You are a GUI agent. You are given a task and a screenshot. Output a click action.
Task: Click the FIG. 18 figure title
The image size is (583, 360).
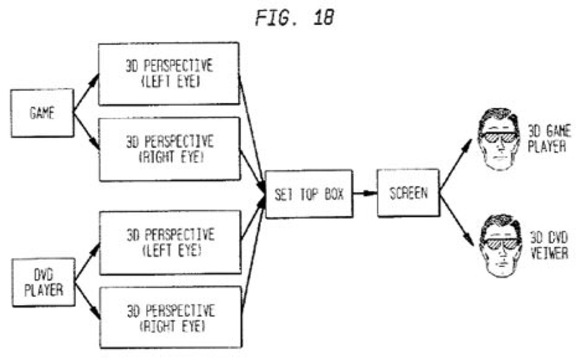click(x=295, y=18)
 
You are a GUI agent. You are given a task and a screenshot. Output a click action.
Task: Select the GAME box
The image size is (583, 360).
click(x=42, y=113)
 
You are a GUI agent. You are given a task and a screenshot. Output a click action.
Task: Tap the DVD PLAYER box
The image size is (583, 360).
click(x=43, y=283)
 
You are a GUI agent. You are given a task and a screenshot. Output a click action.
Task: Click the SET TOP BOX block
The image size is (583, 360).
click(x=309, y=194)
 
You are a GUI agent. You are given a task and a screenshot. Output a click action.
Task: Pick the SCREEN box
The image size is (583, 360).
click(x=408, y=193)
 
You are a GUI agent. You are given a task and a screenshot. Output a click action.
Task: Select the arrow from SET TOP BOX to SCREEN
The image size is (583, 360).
click(x=365, y=193)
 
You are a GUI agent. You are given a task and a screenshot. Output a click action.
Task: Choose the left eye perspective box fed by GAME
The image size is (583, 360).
click(x=169, y=74)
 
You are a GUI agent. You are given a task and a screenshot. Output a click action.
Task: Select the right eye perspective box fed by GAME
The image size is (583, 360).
click(x=170, y=149)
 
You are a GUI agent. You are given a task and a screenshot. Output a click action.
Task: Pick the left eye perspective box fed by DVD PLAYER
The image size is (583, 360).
click(x=170, y=242)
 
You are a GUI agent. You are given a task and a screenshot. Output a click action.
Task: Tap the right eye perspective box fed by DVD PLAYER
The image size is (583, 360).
click(x=171, y=318)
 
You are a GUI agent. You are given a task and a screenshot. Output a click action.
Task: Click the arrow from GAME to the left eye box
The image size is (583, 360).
click(x=86, y=92)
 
